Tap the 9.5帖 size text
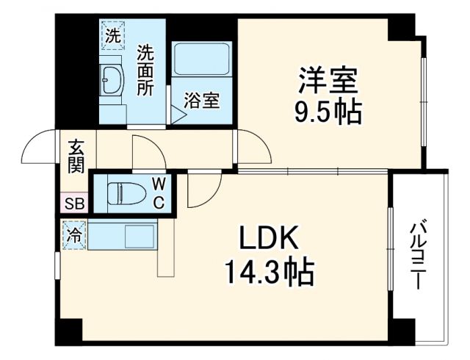click(328, 111)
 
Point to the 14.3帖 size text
click(269, 273)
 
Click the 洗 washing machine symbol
click(112, 34)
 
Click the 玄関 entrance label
click(76, 156)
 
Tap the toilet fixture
click(121, 192)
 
